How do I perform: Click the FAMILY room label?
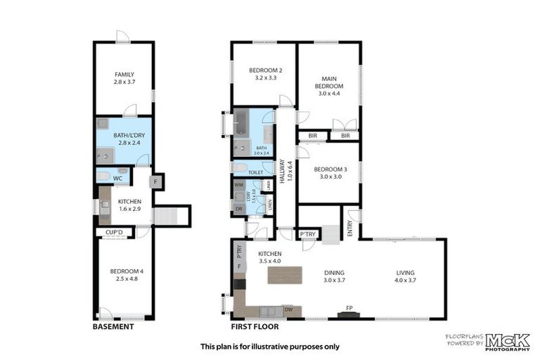(x=124, y=75)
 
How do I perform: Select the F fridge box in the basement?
(x=156, y=181)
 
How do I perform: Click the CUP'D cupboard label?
(x=113, y=232)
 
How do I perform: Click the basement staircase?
(x=165, y=216)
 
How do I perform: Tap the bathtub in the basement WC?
(x=103, y=176)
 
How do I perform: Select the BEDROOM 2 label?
(x=265, y=70)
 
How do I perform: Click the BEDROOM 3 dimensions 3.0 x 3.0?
(x=329, y=178)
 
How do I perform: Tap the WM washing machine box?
(x=239, y=184)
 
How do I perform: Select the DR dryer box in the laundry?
(x=239, y=209)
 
